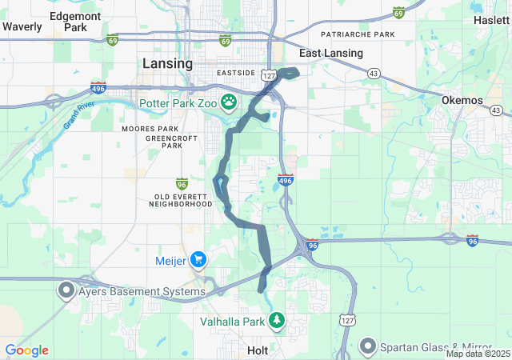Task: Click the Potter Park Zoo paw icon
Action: point(229,102)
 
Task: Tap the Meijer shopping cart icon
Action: point(198,259)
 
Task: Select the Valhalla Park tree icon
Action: point(277,321)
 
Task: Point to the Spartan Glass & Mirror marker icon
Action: point(368,346)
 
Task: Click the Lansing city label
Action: point(167,63)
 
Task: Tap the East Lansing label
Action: point(331,54)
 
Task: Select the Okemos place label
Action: point(462,100)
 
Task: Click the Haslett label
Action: point(490,20)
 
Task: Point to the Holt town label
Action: point(258,350)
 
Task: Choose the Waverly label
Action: point(22,26)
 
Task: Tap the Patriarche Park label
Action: point(358,35)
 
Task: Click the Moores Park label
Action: point(150,128)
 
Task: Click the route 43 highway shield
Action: point(374,73)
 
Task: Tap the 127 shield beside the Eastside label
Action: point(269,74)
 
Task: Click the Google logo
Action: point(26,350)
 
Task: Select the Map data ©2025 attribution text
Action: point(478,354)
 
